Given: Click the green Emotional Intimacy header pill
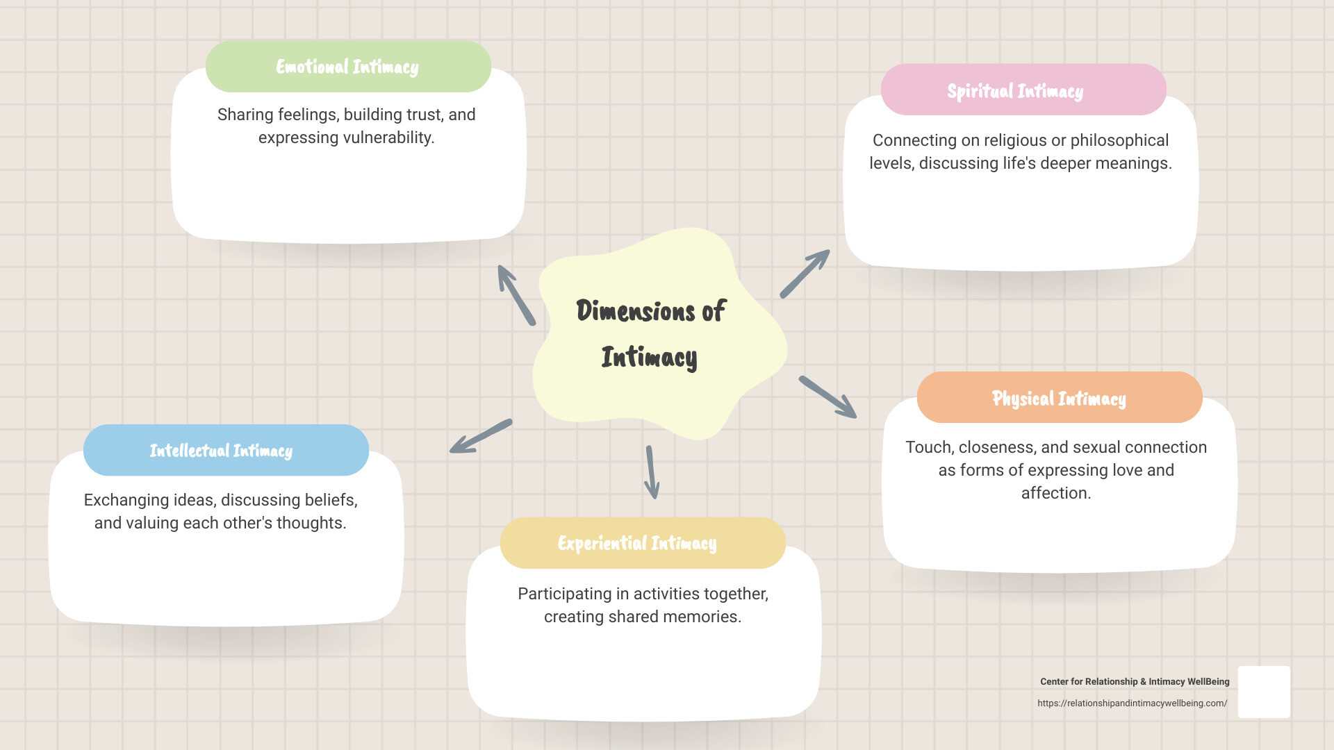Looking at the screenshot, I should (347, 67).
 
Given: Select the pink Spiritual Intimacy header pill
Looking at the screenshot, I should (1023, 90).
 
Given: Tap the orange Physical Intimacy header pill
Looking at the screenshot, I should (1059, 398).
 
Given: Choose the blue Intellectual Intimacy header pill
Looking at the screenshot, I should (225, 451).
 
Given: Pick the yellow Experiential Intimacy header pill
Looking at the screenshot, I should (642, 543).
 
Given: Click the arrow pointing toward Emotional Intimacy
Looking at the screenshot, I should (516, 294).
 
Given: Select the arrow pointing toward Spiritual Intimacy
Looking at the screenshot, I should (805, 274).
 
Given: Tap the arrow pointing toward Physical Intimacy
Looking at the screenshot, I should (827, 397).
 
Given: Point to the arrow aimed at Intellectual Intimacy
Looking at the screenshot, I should (481, 436).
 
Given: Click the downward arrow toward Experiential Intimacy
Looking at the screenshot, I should (651, 472).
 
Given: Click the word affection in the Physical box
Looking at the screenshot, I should (1054, 493).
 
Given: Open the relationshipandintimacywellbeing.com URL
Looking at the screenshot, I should (1132, 703).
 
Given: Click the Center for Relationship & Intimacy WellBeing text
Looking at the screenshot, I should (1134, 682).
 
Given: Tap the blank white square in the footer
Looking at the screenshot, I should (1263, 692).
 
